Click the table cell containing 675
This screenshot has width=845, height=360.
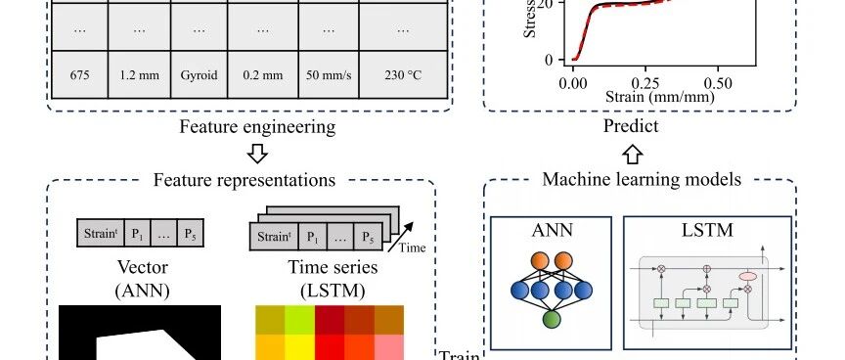80,75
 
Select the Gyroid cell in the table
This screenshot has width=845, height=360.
199,75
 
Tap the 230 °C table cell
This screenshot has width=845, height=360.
403,75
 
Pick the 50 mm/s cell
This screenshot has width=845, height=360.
329,75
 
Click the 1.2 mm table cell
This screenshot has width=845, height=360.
139,75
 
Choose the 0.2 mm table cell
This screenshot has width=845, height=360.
263,75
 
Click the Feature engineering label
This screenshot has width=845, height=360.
257,127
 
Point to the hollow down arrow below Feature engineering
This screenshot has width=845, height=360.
257,154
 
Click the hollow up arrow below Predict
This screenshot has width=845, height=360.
632,154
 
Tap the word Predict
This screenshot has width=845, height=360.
631,126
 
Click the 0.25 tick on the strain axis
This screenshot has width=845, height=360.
645,84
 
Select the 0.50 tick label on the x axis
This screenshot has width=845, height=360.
718,84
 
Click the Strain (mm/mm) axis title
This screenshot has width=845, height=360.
660,97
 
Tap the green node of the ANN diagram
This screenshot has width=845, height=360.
552,319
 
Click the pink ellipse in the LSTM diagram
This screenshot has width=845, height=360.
747,277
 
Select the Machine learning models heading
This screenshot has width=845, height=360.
642,179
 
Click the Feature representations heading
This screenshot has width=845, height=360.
245,179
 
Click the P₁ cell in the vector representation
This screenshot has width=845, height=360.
138,234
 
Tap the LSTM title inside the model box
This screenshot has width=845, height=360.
707,230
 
